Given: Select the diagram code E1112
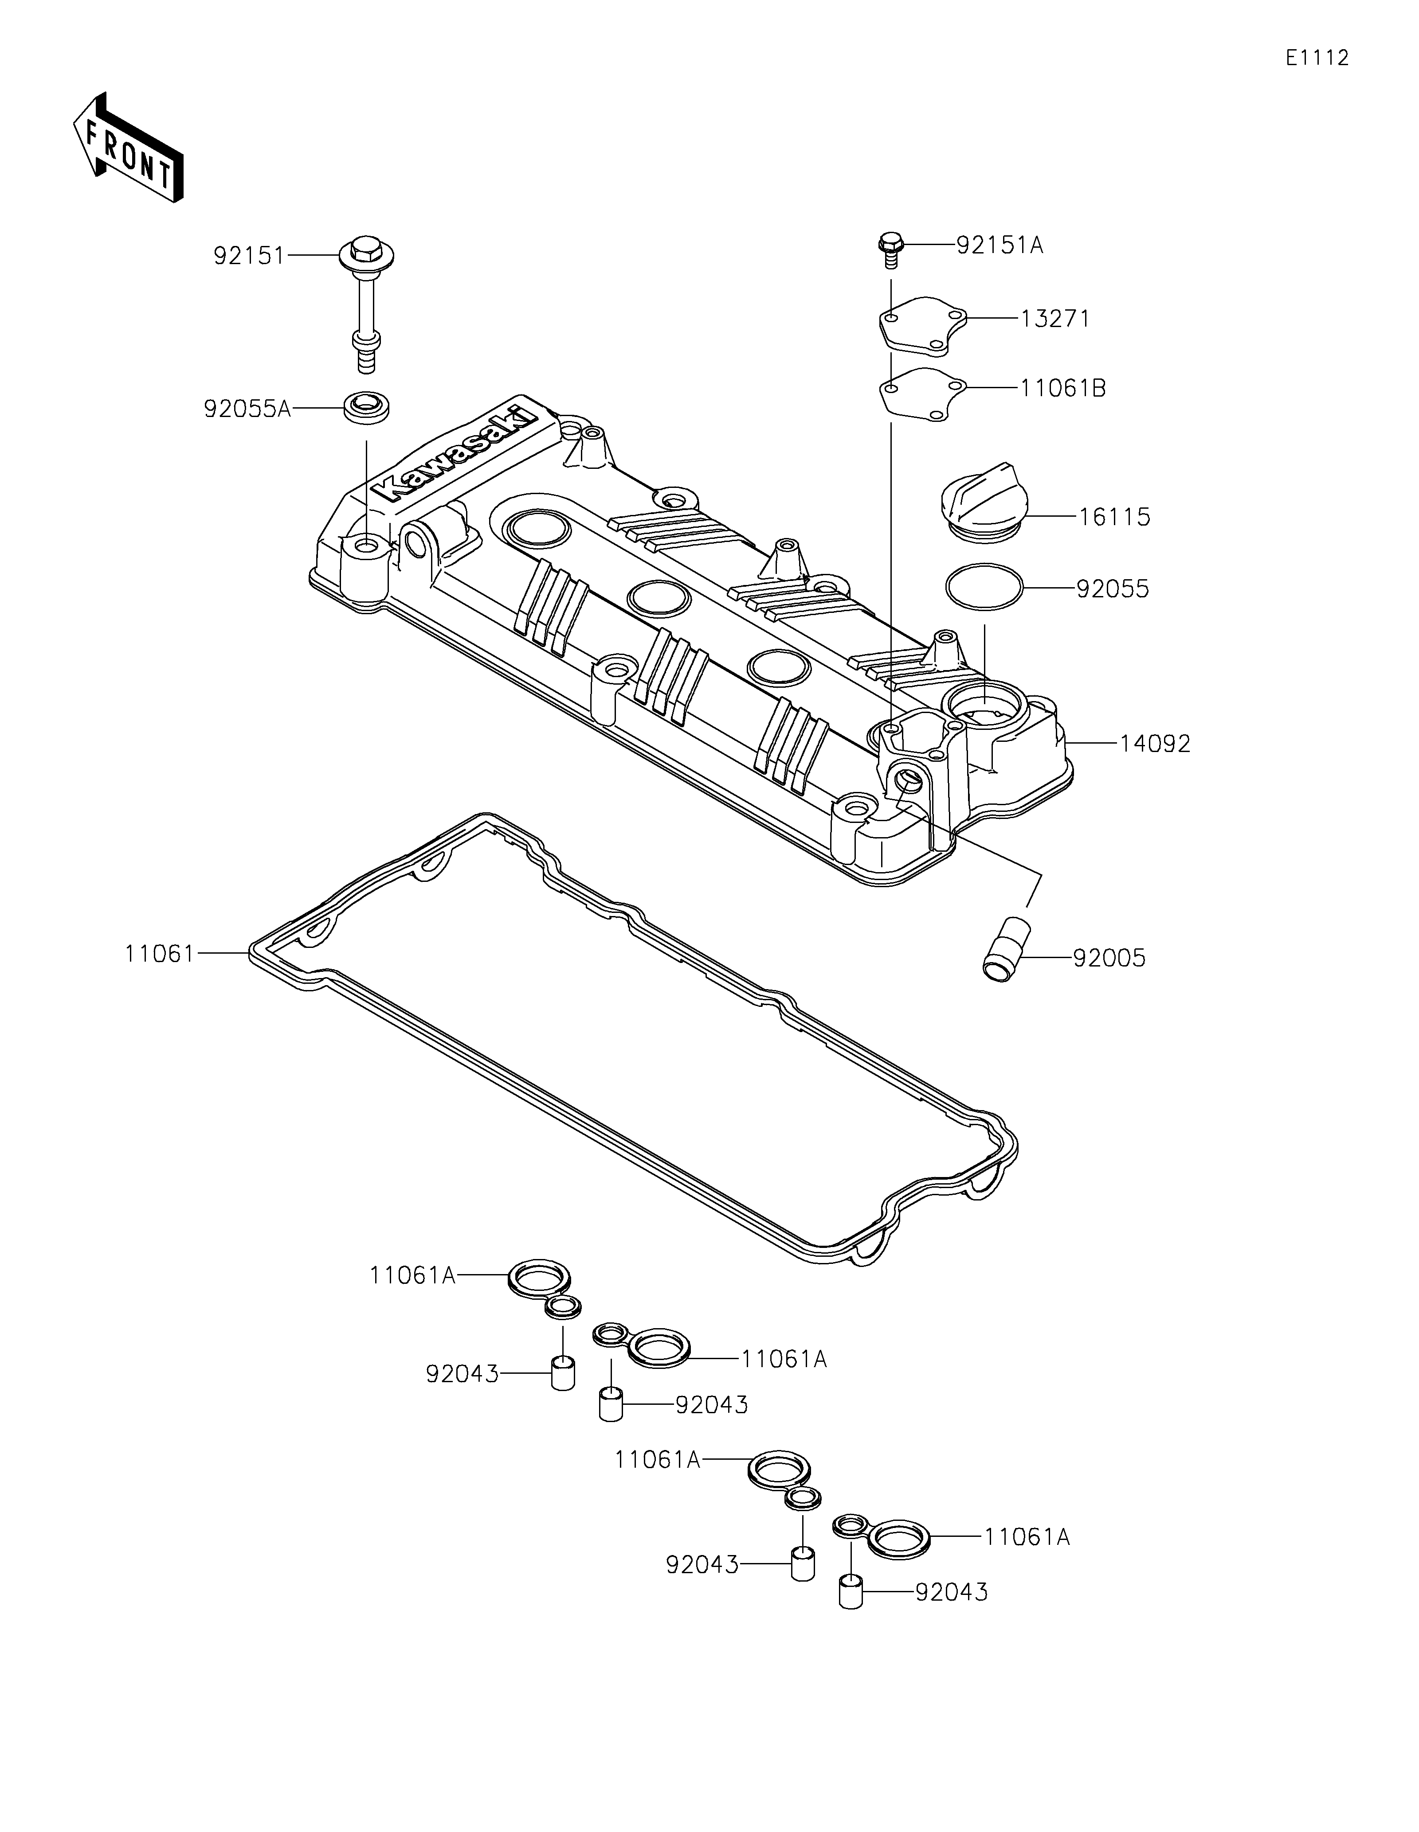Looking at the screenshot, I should point(1317,58).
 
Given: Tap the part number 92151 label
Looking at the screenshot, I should point(249,256).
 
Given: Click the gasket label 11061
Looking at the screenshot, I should point(160,954).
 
